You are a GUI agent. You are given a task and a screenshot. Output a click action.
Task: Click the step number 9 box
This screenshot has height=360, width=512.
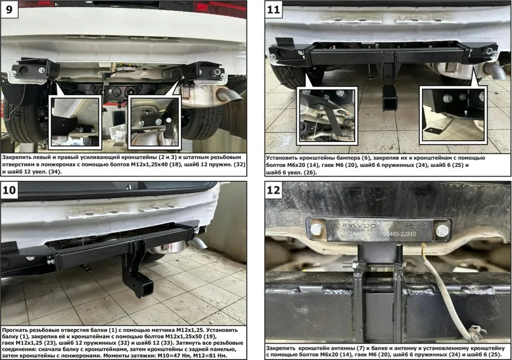point(9,9)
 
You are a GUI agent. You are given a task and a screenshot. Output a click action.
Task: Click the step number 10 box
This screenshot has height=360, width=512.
point(9,189)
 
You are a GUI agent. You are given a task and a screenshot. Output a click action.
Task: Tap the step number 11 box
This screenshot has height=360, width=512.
point(274,9)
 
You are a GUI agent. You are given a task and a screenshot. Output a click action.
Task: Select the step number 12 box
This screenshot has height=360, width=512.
point(274,189)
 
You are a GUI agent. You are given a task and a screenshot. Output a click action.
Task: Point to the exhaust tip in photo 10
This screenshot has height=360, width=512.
point(197,243)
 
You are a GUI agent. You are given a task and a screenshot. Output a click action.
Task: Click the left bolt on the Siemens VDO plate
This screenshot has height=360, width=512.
point(316,229)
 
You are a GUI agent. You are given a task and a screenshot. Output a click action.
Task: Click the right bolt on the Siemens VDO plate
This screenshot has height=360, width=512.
point(442,231)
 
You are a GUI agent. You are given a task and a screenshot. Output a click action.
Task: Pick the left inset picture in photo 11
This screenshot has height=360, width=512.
point(327,116)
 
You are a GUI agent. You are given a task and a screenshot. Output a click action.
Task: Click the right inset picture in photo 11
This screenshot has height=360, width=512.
point(453,115)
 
